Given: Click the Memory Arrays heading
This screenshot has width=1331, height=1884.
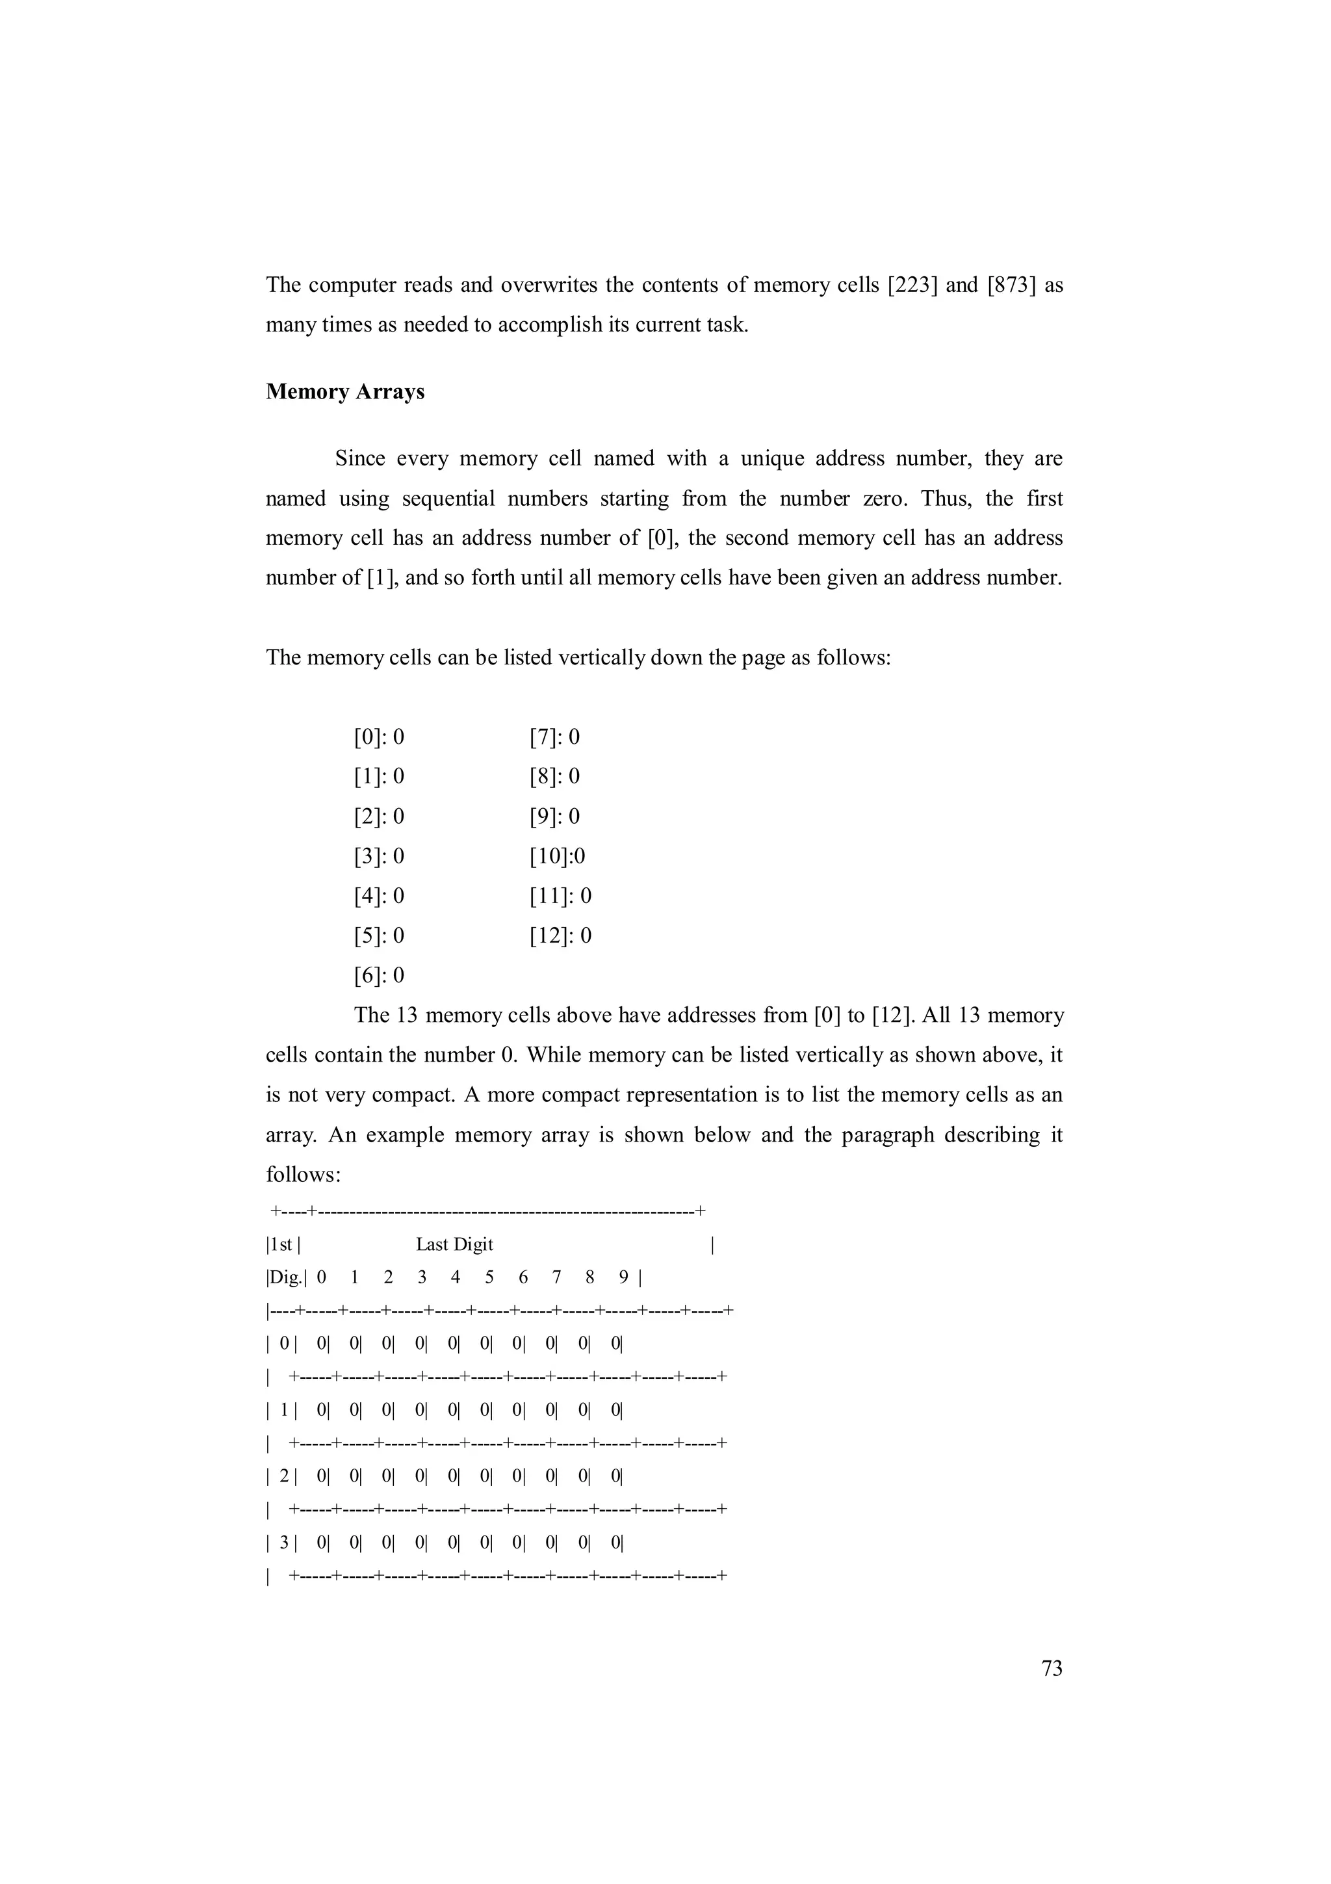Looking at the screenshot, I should click(344, 391).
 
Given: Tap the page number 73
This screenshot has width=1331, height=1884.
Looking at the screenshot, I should click(1052, 1668).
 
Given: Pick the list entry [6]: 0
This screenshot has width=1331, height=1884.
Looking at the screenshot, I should click(379, 976).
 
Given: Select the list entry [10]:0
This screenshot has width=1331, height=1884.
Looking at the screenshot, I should click(557, 857).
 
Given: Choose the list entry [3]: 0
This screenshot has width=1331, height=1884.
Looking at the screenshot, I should click(379, 857).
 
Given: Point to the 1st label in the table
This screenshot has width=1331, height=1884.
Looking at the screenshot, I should click(281, 1245).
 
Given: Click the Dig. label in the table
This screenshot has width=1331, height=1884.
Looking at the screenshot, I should click(285, 1277).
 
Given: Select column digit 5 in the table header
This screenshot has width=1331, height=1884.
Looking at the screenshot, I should click(489, 1277).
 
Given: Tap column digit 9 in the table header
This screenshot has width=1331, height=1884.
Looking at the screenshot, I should click(624, 1277).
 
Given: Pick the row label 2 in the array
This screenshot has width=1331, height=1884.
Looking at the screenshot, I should click(284, 1476).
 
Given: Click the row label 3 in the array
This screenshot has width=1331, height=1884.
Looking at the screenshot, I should click(284, 1543).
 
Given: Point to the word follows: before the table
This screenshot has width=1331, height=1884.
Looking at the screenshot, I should click(303, 1175).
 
